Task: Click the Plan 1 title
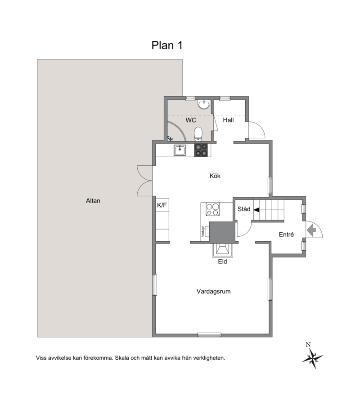tap(166, 45)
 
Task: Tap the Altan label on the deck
tap(93, 201)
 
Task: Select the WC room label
tap(191, 120)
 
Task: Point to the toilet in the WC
tap(198, 134)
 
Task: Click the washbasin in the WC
tap(204, 104)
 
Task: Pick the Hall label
tap(228, 120)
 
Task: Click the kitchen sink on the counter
tap(180, 150)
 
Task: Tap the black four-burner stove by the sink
tap(201, 150)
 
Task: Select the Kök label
tap(215, 176)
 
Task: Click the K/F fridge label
tap(162, 205)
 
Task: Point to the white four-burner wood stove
tap(213, 209)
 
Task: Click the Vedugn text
tap(203, 231)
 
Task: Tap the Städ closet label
tap(244, 209)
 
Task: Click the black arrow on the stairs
tap(256, 210)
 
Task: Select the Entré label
tap(286, 235)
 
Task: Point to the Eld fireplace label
tap(222, 262)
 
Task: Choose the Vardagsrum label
tap(214, 291)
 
